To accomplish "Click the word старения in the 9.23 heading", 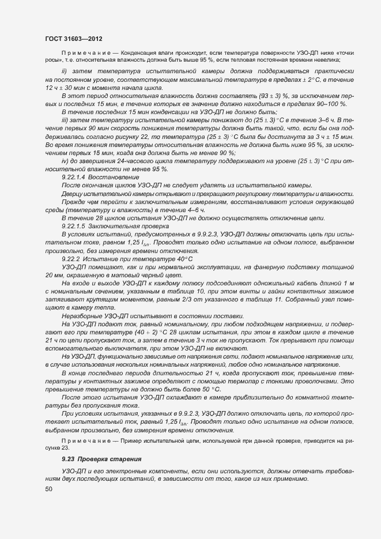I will (125, 459).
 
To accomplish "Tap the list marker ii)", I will (65, 71).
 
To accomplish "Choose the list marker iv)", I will (65, 161).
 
